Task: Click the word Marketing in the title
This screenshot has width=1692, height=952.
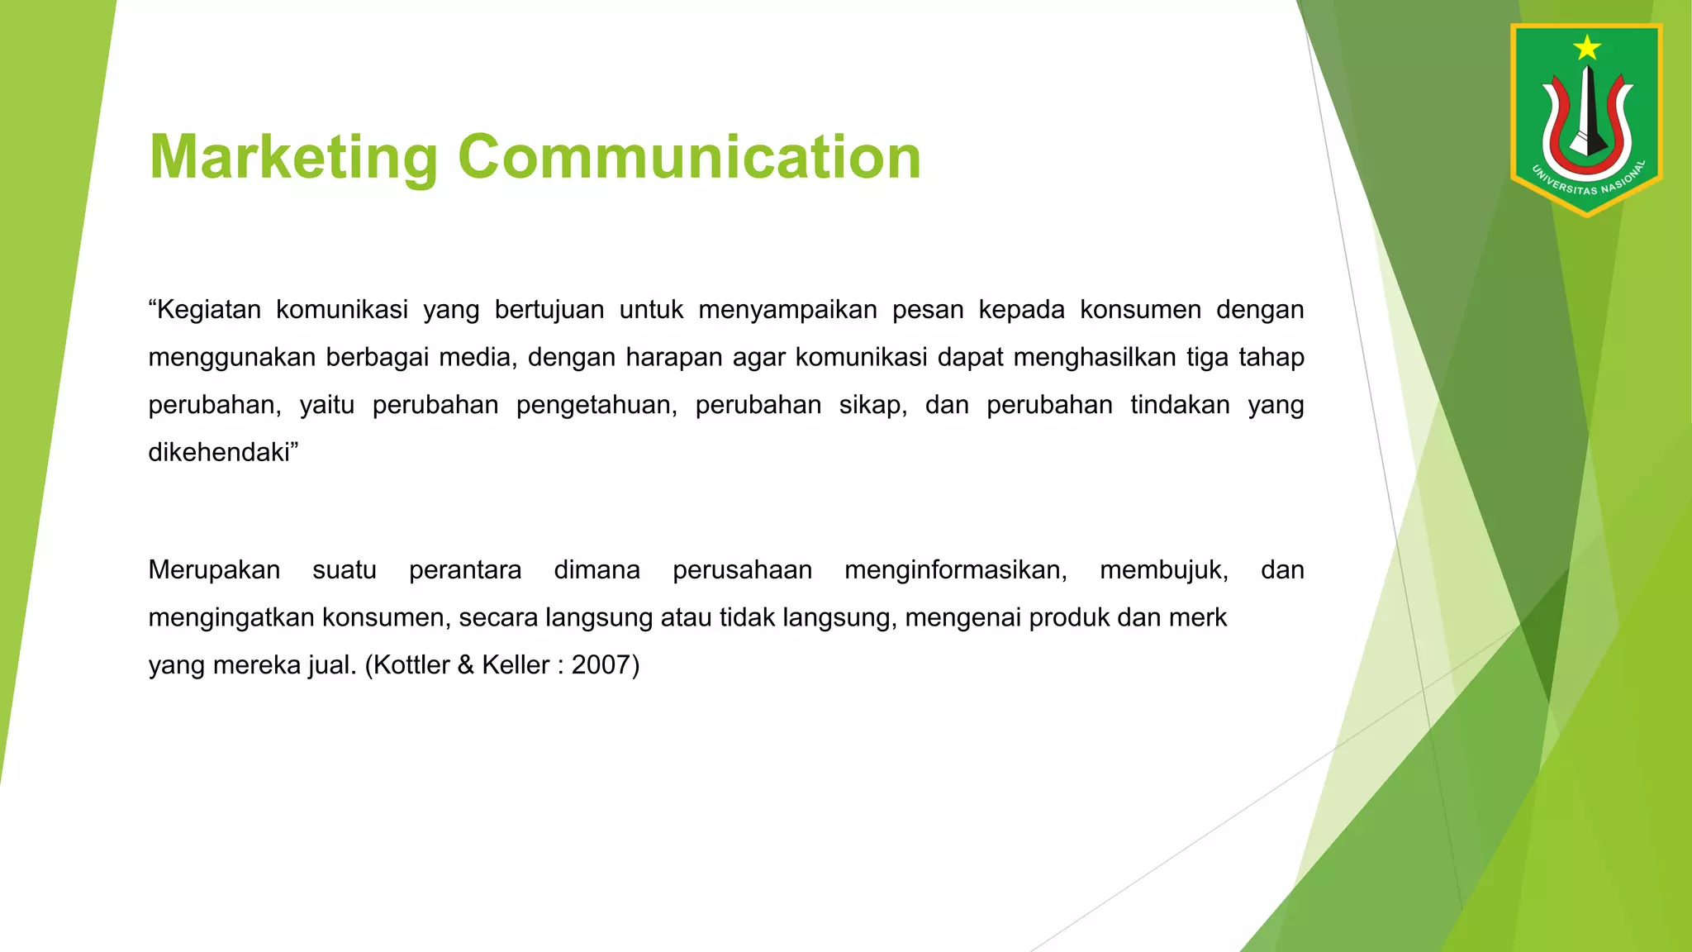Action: pyautogui.click(x=293, y=157)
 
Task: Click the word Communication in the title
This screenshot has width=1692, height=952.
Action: pyautogui.click(x=689, y=157)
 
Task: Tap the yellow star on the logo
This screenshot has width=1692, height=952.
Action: pyautogui.click(x=1587, y=48)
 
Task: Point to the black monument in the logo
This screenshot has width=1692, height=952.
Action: pyautogui.click(x=1587, y=112)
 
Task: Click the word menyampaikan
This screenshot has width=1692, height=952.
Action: pyautogui.click(x=787, y=310)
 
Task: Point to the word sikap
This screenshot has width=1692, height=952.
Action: pyautogui.click(x=872, y=405)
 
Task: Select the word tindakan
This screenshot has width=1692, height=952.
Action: pyautogui.click(x=1180, y=405)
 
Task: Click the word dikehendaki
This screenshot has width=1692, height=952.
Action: pyautogui.click(x=220, y=453)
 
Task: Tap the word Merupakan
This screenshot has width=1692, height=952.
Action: pyautogui.click(x=214, y=570)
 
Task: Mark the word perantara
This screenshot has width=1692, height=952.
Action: pyautogui.click(x=465, y=570)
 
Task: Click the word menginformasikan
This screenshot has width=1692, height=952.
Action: pyautogui.click(x=955, y=570)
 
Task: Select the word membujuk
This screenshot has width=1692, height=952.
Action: pyautogui.click(x=1163, y=570)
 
